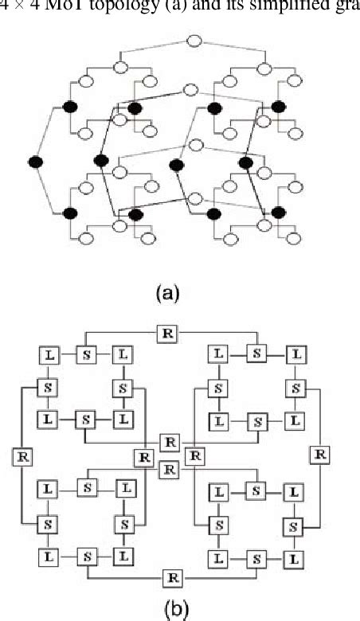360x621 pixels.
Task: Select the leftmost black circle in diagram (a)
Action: click(x=34, y=162)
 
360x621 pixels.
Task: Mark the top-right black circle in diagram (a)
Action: click(x=278, y=107)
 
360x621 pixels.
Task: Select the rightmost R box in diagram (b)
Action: click(x=320, y=454)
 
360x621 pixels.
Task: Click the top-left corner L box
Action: click(x=47, y=353)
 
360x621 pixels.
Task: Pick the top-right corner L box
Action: click(x=295, y=353)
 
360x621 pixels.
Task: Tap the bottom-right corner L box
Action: click(x=295, y=560)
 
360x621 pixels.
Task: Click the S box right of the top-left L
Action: click(x=85, y=353)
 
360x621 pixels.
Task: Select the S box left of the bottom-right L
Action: click(x=256, y=560)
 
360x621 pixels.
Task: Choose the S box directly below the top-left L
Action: click(x=47, y=388)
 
